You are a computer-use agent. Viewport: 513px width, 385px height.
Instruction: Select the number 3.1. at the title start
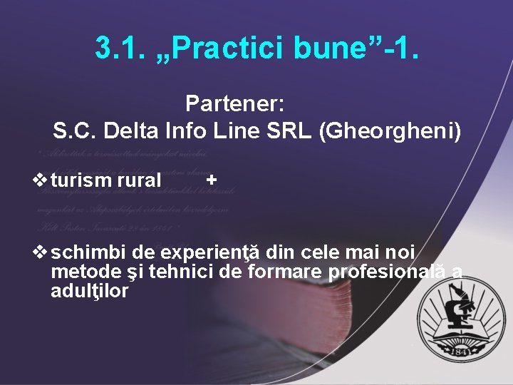click(x=118, y=48)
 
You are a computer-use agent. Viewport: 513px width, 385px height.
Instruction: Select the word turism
click(x=81, y=181)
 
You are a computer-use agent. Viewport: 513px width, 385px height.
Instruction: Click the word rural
click(x=139, y=181)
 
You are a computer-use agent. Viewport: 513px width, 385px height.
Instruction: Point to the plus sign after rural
click(x=211, y=180)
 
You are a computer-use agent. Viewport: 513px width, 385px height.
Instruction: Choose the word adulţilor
click(x=90, y=291)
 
